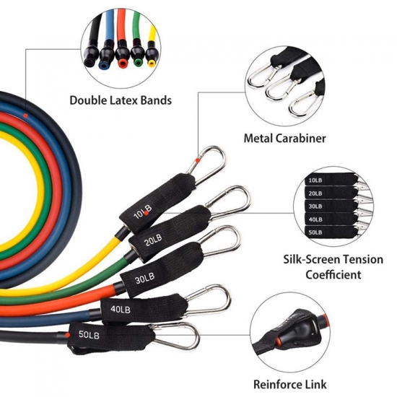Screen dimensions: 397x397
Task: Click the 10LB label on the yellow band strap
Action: point(143,211)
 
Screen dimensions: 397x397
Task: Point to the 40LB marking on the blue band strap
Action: point(121,309)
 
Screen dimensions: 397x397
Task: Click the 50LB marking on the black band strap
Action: point(89,334)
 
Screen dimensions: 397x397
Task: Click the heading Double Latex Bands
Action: point(121,100)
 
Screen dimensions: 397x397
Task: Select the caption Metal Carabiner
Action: point(284,139)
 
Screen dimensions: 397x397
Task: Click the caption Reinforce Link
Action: point(290,384)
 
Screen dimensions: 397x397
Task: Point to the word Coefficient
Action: point(333,275)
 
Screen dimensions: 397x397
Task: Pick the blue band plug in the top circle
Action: point(106,57)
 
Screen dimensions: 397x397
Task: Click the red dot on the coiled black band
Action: point(25,115)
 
